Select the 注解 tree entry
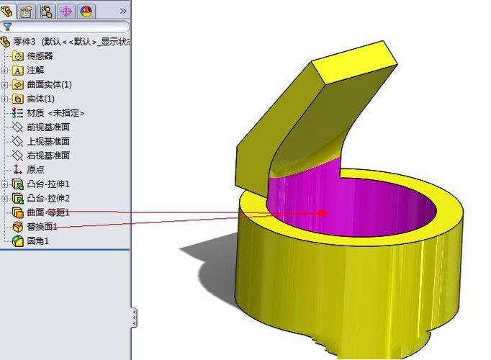pos(35,71)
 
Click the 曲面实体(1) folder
pos(49,84)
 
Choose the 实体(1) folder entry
pos(41,99)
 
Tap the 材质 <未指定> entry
pos(55,113)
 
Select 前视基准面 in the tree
pos(48,127)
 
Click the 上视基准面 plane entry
pos(48,141)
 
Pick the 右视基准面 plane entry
pos(48,156)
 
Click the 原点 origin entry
pos(35,170)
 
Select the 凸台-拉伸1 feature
pos(48,184)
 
